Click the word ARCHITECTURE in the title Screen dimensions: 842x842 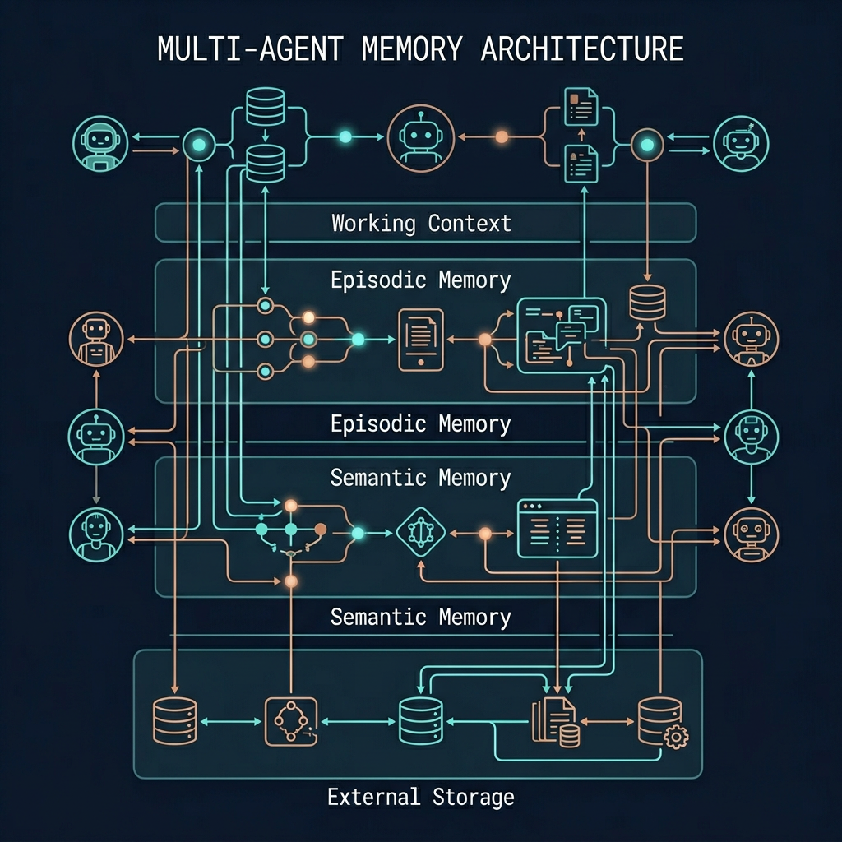581,49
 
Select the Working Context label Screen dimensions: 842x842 421,223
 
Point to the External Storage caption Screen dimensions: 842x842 420,796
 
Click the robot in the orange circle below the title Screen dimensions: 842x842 421,137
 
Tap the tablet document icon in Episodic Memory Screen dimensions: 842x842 420,339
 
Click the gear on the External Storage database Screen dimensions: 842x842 675,737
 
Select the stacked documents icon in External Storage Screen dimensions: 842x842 553,721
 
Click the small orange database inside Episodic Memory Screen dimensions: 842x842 645,303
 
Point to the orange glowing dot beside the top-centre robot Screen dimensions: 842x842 501,137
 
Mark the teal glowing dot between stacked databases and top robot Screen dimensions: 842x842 345,136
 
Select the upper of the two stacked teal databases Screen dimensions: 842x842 265,105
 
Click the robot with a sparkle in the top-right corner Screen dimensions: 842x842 741,142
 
